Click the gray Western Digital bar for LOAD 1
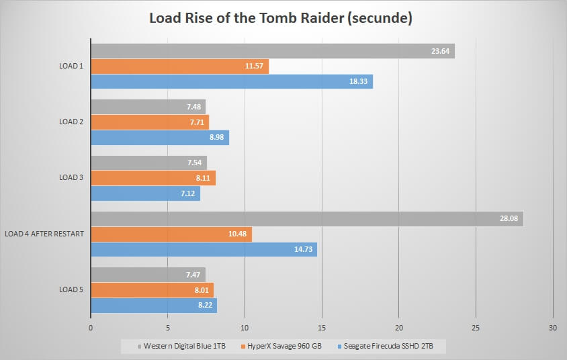[x=273, y=51]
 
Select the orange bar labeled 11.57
[x=180, y=66]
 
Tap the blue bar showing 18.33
[x=232, y=82]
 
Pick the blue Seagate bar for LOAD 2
[x=160, y=138]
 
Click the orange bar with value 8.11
[x=153, y=178]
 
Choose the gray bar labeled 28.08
[x=307, y=219]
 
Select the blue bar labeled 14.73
[x=204, y=249]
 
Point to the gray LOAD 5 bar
[x=148, y=275]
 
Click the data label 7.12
[x=188, y=193]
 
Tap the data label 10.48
[x=237, y=234]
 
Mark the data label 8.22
[x=205, y=305]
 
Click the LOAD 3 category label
[x=71, y=177]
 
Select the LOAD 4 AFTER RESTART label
[x=44, y=234]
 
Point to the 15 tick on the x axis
[x=322, y=328]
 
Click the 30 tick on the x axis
[x=552, y=328]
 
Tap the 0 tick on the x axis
[x=91, y=328]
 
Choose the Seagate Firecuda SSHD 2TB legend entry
[x=385, y=347]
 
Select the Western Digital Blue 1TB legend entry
[x=181, y=347]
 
